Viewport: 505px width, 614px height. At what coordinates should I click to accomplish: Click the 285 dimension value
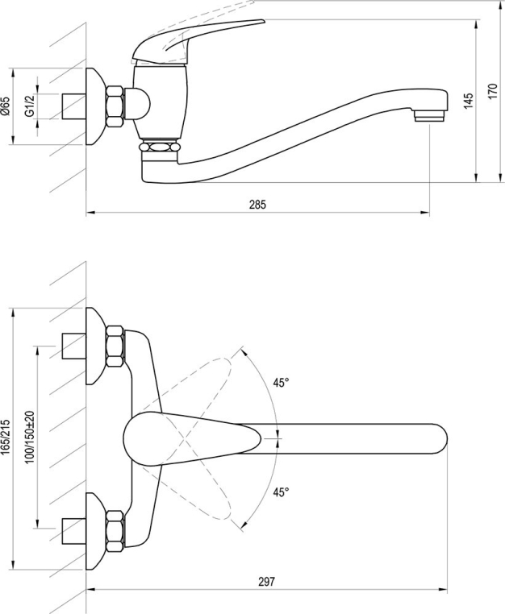point(257,205)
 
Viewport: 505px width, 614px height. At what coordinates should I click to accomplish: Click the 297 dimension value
point(266,582)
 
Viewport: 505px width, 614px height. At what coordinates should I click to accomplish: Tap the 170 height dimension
point(493,91)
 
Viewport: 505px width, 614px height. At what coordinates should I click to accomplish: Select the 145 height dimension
point(468,101)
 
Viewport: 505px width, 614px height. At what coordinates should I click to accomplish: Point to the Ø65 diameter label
point(6,106)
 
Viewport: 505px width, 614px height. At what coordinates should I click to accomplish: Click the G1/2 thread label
point(30,106)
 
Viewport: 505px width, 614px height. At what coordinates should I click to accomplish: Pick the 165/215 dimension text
point(6,437)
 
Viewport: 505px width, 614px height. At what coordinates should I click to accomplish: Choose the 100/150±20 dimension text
point(30,438)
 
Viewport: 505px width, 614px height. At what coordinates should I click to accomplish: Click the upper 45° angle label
point(281,383)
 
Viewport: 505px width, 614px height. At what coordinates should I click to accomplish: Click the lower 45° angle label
point(281,492)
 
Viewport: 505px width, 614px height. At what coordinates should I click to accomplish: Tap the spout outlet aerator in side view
point(430,116)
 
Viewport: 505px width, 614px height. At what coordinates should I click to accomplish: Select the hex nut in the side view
point(115,106)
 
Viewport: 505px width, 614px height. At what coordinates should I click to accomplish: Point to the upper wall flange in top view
point(96,346)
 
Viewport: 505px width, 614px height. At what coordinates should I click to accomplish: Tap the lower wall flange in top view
point(96,531)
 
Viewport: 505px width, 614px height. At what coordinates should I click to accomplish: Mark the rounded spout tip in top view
point(440,438)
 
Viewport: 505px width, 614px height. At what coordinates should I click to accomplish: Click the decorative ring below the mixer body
point(160,147)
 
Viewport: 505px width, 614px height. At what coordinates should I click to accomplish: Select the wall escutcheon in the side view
point(96,106)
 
